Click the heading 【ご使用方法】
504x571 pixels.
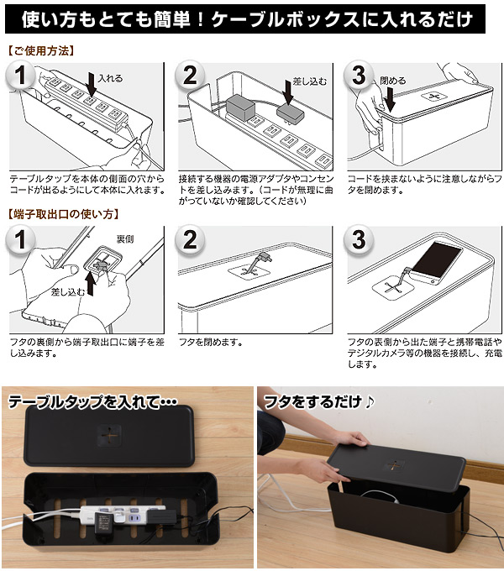tap(39, 50)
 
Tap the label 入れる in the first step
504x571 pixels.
tap(109, 78)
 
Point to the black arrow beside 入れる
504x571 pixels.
tap(91, 86)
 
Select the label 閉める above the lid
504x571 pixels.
tap(392, 81)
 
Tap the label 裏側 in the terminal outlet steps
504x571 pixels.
tap(125, 239)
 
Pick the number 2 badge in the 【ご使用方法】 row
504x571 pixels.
tap(190, 76)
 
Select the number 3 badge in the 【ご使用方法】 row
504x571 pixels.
tap(360, 76)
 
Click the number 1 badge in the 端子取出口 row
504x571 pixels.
tap(21, 240)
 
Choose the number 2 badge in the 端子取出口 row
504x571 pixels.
tap(190, 240)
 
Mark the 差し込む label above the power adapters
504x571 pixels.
tap(310, 81)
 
